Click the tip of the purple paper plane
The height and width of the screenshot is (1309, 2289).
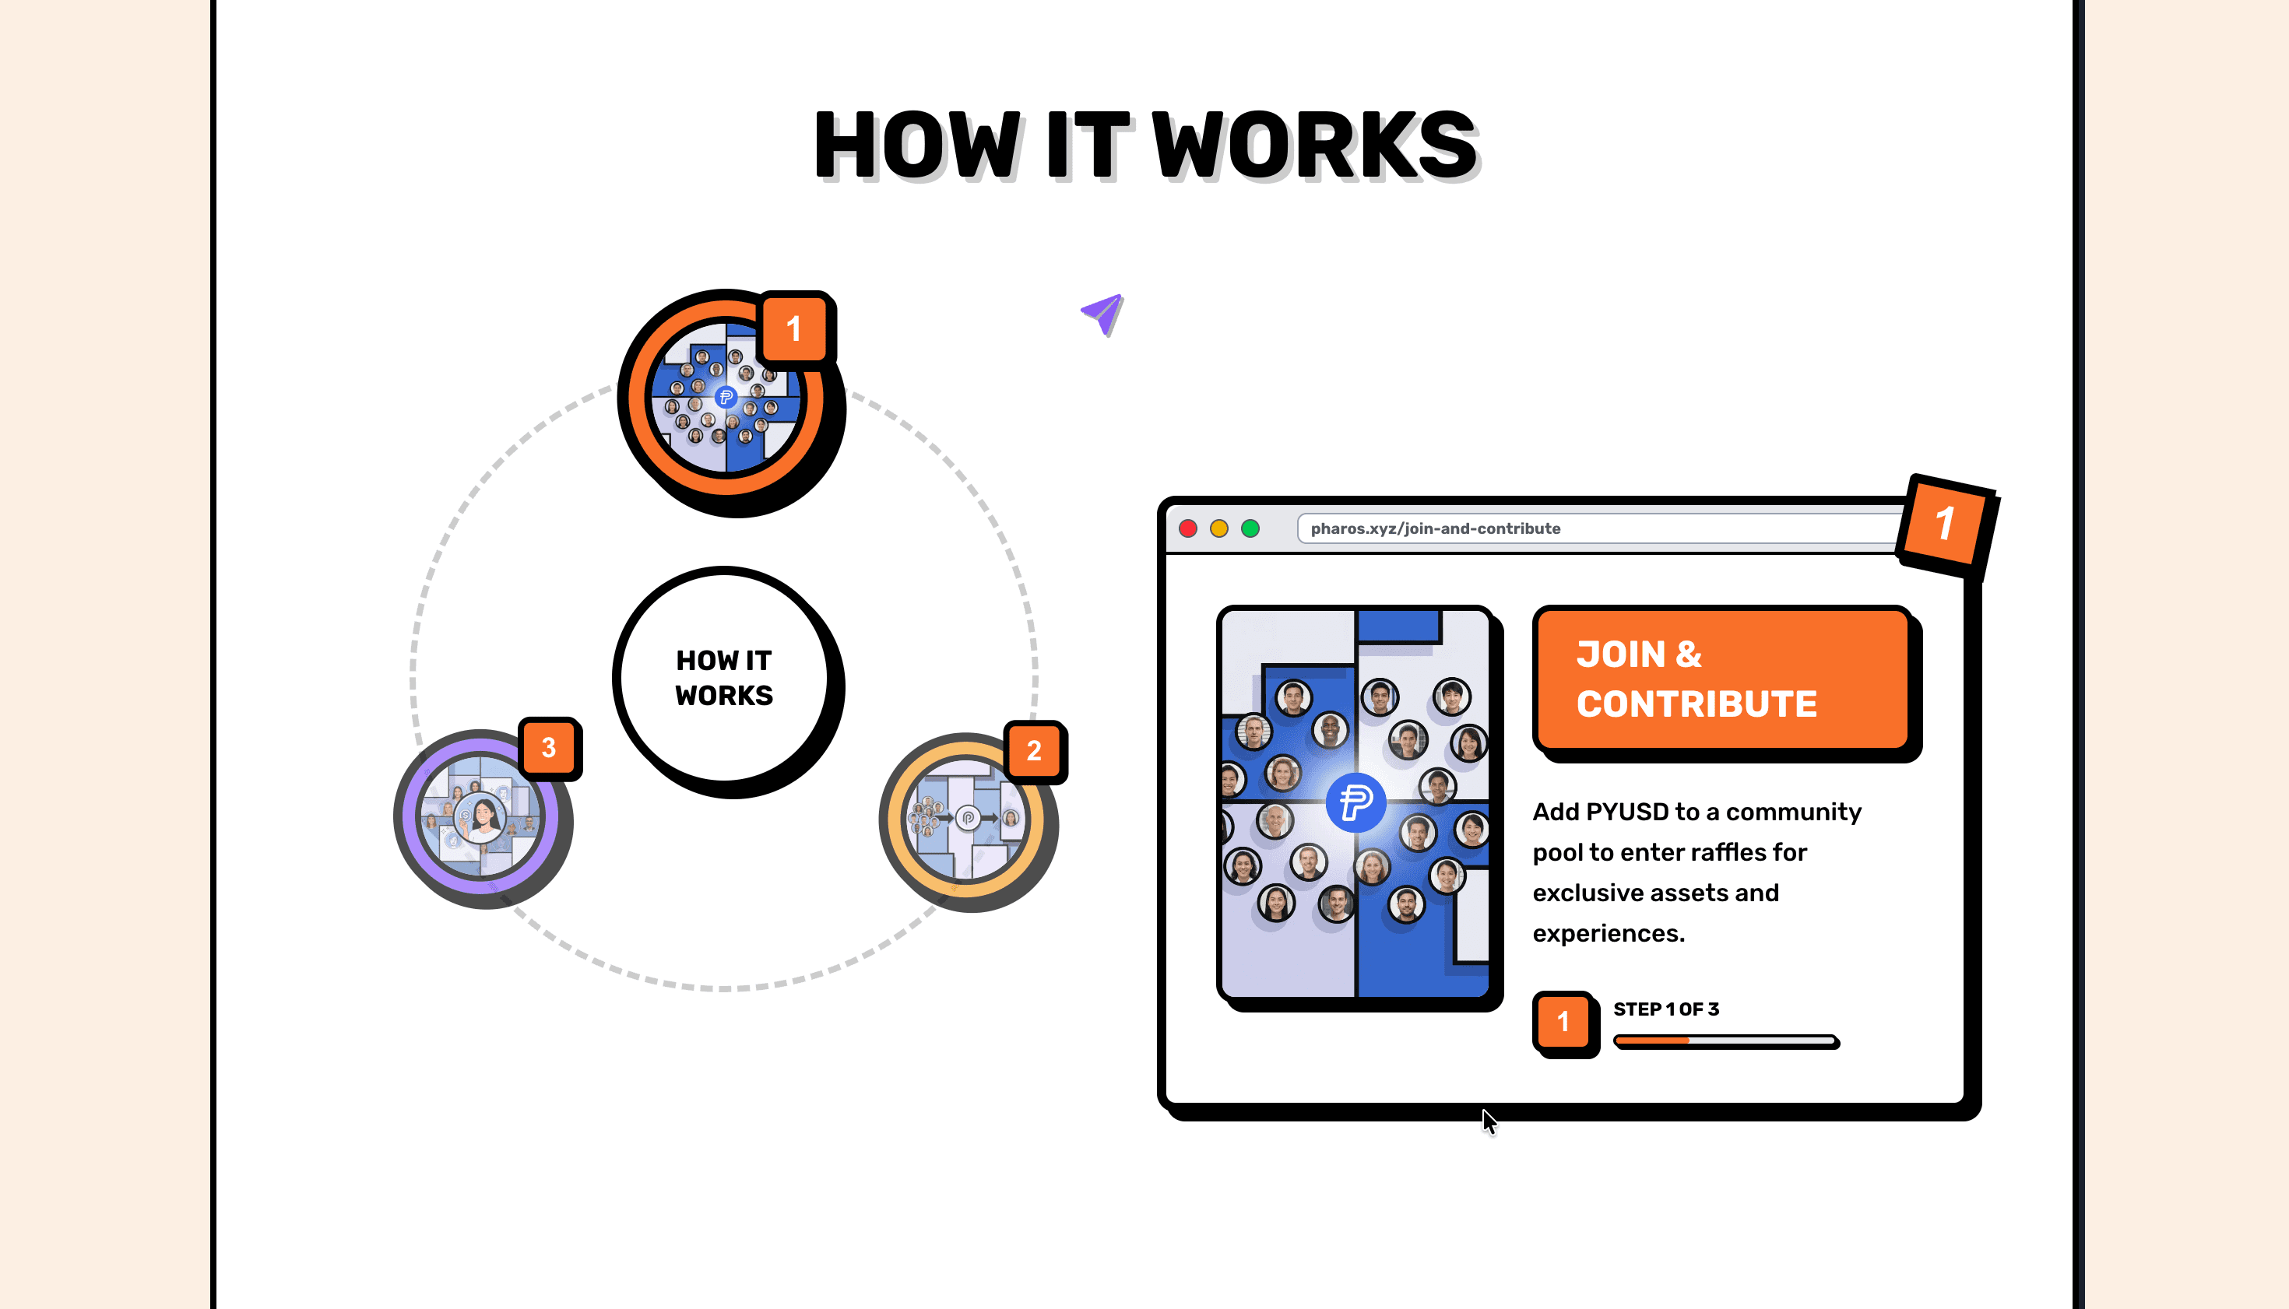pos(1122,295)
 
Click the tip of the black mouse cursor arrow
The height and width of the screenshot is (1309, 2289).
pos(1484,1110)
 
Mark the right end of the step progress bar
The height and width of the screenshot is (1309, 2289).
pos(1837,1041)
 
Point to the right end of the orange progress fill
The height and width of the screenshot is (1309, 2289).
pos(1688,1041)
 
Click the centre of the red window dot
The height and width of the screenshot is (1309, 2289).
pos(1188,528)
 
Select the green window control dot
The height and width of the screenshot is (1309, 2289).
pos(1250,528)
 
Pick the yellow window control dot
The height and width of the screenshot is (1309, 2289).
pos(1219,528)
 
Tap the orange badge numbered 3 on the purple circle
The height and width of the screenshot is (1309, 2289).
pos(549,747)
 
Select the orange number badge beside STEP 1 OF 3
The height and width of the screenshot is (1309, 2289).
pos(1563,1021)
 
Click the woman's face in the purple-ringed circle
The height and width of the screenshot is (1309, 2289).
pos(484,816)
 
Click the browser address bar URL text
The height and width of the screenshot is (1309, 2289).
pos(1436,528)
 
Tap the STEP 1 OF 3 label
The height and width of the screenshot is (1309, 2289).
pos(1665,1009)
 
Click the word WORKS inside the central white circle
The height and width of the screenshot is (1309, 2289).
pos(724,695)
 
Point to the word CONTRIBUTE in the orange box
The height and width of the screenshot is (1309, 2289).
pos(1697,704)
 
